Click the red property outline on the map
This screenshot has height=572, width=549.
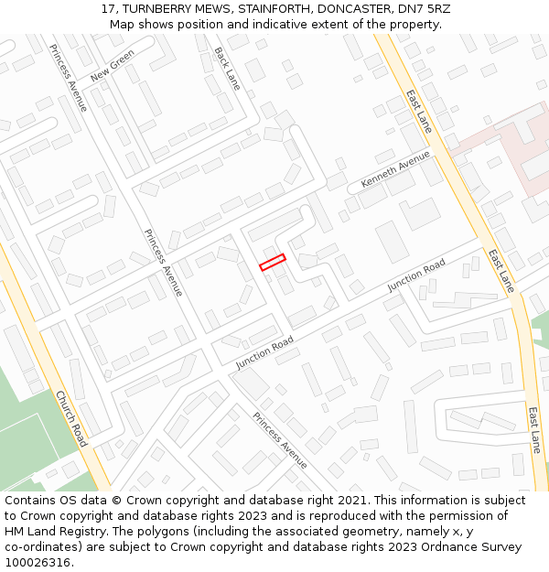click(x=272, y=263)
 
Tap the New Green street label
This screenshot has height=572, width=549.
click(x=113, y=65)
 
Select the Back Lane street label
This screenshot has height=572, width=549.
click(x=227, y=69)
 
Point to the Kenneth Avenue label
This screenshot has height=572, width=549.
click(x=395, y=169)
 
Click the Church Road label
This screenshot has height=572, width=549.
click(x=71, y=419)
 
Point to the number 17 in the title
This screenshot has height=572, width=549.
click(x=108, y=8)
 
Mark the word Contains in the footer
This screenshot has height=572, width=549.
click(x=31, y=501)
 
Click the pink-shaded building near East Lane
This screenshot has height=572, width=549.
click(x=512, y=146)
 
